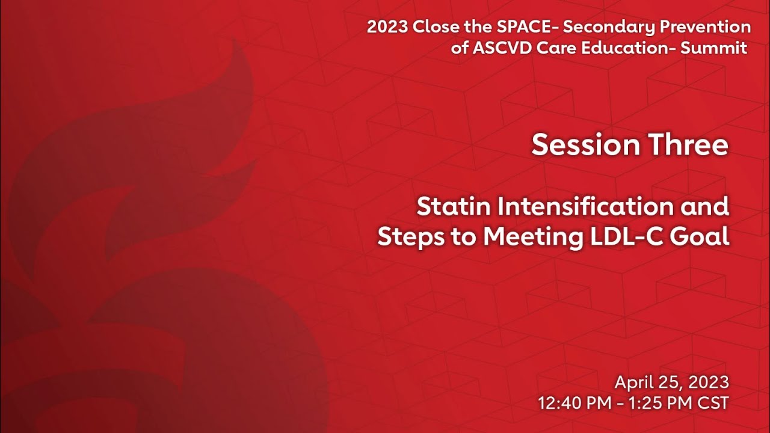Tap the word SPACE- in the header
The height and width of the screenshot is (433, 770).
pyautogui.click(x=519, y=27)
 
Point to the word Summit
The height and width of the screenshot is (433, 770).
pyautogui.click(x=713, y=48)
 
